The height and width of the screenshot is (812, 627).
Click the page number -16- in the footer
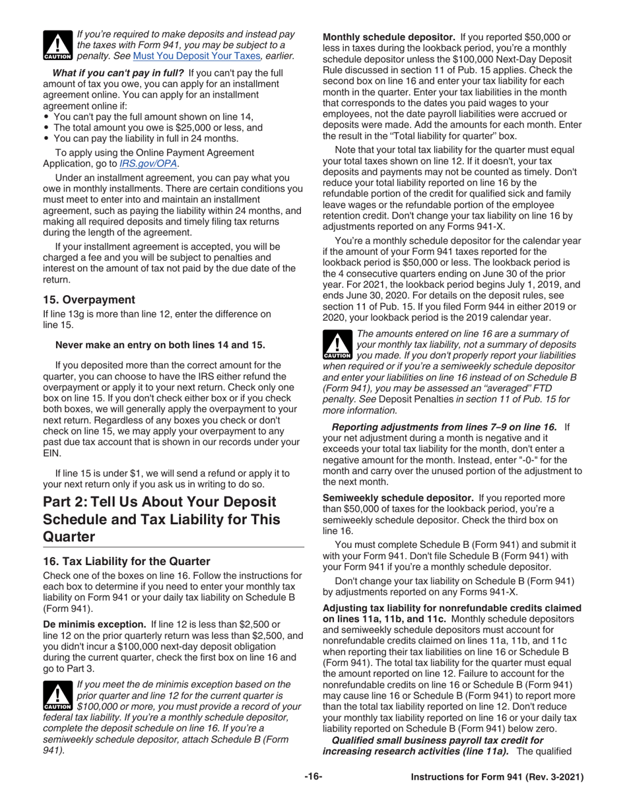[313, 778]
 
